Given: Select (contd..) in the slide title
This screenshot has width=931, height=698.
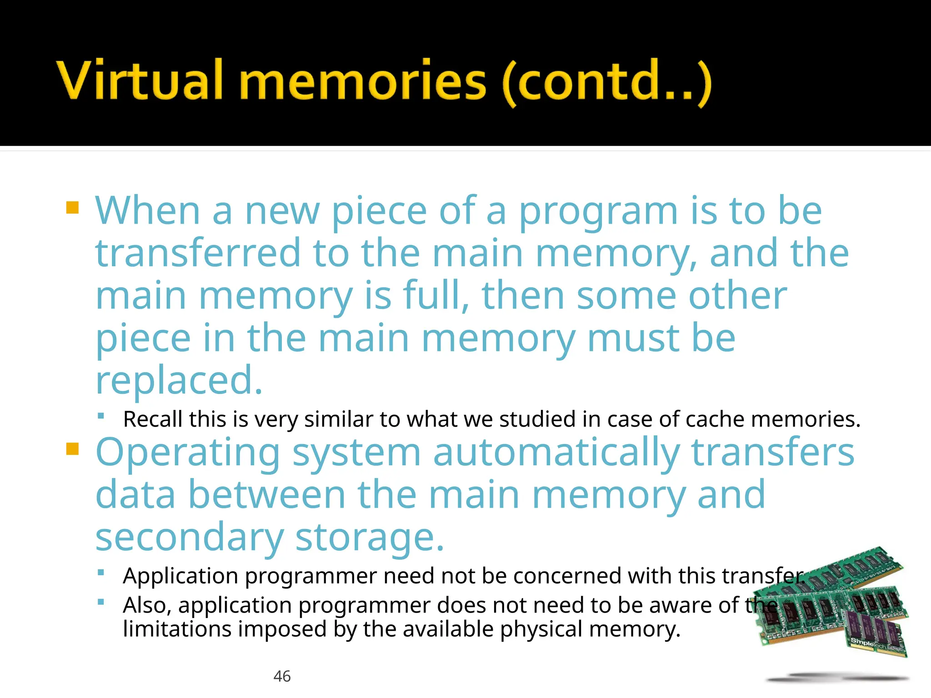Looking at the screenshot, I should pos(607,82).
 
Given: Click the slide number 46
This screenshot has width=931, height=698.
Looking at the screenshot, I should pos(282,676).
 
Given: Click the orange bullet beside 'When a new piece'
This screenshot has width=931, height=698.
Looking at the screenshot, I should pos(73,208).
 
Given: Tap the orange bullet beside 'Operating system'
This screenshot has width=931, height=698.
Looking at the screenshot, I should pos(73,449).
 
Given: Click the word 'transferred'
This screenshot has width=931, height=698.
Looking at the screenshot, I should pos(198,253).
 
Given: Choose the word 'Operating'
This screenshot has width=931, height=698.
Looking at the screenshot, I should pos(188,453).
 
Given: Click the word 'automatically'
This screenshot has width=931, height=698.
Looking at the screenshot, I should pos(556,453).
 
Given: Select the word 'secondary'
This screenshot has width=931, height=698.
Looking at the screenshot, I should pos(190,538).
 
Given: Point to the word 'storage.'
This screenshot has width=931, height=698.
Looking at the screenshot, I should pos(369,538).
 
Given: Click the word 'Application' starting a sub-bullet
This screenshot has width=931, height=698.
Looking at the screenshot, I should pos(180,576).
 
